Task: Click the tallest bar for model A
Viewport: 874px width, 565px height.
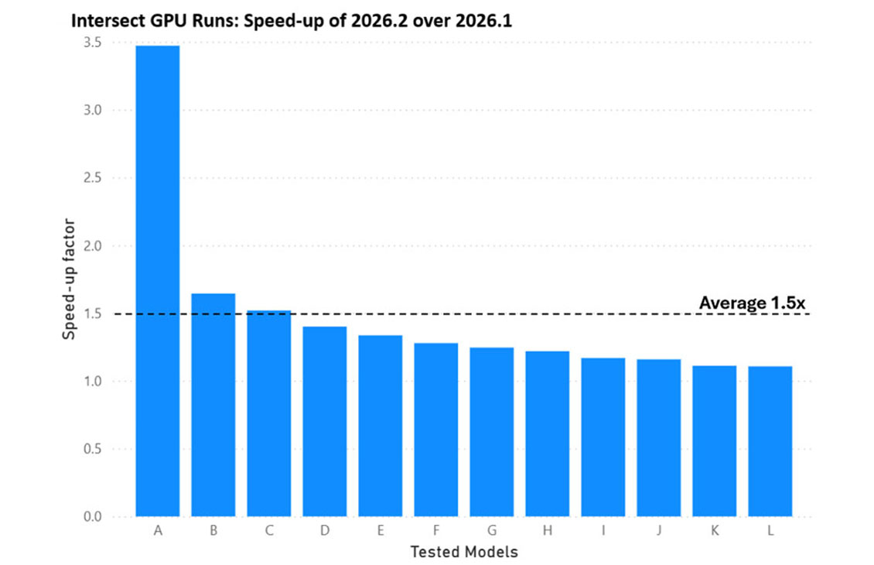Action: (158, 281)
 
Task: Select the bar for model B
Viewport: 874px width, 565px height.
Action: (213, 405)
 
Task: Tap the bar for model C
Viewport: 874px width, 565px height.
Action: (269, 413)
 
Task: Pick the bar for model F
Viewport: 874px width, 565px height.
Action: (436, 430)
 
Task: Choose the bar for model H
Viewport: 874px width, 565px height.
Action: (548, 434)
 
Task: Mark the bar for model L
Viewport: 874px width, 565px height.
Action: (770, 441)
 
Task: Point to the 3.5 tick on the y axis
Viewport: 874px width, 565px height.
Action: (93, 43)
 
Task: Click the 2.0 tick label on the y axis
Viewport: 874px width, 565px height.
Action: (93, 246)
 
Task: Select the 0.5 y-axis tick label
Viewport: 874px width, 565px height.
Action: (93, 449)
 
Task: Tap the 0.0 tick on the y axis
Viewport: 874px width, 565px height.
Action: (93, 517)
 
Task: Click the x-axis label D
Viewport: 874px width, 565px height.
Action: (325, 530)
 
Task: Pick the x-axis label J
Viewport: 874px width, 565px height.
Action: (659, 530)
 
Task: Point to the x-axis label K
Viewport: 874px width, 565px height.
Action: (715, 530)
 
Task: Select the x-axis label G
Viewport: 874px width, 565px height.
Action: (492, 530)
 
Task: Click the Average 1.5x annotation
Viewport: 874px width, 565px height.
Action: (752, 303)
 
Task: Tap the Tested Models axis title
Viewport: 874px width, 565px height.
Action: (464, 552)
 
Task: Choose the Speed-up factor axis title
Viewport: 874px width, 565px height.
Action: (69, 279)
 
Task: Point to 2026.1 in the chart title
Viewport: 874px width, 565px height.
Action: (483, 21)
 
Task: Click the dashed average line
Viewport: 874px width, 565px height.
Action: (462, 314)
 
